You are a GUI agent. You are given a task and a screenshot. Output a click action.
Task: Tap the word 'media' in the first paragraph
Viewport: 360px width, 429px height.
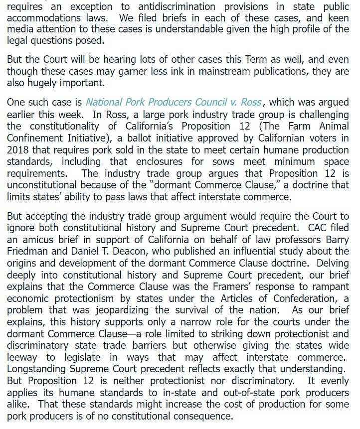pos(19,30)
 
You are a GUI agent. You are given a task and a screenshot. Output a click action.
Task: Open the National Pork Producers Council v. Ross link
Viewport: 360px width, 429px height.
pos(174,102)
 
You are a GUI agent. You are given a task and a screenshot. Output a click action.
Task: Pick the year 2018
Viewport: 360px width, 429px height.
pos(18,150)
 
